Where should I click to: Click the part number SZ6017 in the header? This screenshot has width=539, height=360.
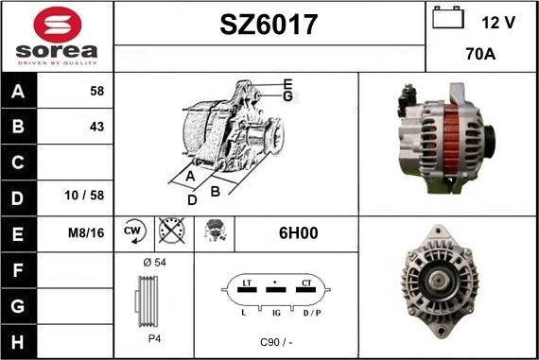269,25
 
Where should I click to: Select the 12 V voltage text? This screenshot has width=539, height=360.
497,22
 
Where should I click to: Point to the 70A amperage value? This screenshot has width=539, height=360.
481,54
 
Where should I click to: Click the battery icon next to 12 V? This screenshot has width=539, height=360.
446,19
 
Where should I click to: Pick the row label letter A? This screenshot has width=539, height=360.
18,93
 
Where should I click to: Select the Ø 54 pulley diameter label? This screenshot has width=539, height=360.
153,262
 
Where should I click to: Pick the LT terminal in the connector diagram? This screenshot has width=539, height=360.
246,283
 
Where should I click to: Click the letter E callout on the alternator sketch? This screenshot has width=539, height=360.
287,83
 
